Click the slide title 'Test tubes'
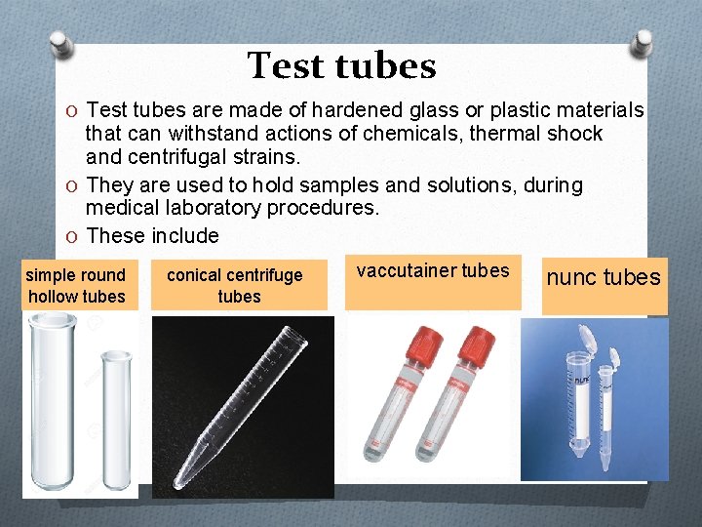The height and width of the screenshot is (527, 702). (341, 66)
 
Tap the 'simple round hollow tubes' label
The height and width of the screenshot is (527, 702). (76, 285)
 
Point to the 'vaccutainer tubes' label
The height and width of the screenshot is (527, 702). (432, 270)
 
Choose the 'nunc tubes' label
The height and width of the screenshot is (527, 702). (603, 277)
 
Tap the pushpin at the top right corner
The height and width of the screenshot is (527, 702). (643, 42)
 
